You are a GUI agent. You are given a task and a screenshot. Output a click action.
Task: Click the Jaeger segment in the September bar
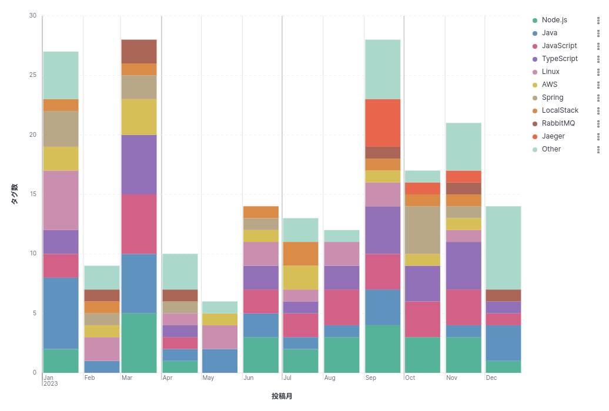pyautogui.click(x=382, y=123)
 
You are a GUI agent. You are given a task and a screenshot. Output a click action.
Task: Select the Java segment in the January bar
pyautogui.click(x=61, y=313)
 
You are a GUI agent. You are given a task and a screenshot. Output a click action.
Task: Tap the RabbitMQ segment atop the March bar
pyautogui.click(x=139, y=51)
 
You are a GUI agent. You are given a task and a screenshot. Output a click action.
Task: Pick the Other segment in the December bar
pyautogui.click(x=503, y=247)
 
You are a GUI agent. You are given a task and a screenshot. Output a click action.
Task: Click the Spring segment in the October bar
pyautogui.click(x=422, y=230)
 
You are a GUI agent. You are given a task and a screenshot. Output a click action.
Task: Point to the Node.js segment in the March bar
pyautogui.click(x=139, y=343)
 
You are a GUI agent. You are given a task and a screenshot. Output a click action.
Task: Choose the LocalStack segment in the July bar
pyautogui.click(x=300, y=254)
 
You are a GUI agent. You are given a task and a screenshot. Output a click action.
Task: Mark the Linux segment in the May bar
pyautogui.click(x=219, y=337)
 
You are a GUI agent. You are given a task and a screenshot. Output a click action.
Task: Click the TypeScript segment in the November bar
pyautogui.click(x=463, y=265)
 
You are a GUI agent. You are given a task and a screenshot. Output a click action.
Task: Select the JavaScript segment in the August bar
pyautogui.click(x=341, y=307)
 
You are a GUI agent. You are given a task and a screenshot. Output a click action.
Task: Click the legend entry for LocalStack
pyautogui.click(x=560, y=110)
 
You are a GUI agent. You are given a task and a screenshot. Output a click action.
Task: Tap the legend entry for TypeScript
pyautogui.click(x=559, y=59)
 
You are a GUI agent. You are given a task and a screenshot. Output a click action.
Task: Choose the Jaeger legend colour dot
pyautogui.click(x=535, y=136)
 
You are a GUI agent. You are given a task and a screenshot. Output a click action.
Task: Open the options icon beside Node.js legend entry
pyautogui.click(x=598, y=20)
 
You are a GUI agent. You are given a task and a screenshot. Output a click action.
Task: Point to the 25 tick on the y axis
pyautogui.click(x=33, y=75)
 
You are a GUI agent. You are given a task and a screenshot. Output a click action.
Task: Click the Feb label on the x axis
pyautogui.click(x=89, y=378)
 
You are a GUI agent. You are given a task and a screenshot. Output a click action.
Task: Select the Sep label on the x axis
pyautogui.click(x=370, y=378)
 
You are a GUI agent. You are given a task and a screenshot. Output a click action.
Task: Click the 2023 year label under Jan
pyautogui.click(x=51, y=384)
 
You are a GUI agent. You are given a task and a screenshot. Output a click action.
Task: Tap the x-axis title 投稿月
pyautogui.click(x=282, y=396)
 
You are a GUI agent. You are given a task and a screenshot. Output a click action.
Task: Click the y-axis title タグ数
pyautogui.click(x=15, y=194)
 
